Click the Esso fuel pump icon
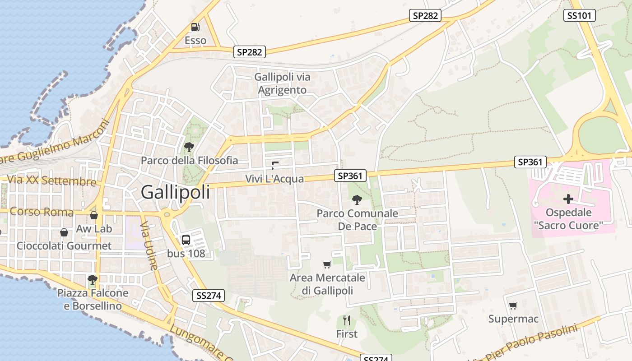pos(195,27)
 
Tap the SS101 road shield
pos(580,16)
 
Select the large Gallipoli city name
pos(176,192)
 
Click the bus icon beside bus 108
pos(186,240)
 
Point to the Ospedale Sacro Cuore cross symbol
pos(568,199)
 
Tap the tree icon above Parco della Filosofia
pos(189,147)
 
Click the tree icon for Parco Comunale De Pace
pos(357,199)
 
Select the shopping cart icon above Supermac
pos(513,306)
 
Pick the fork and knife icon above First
pos(347,320)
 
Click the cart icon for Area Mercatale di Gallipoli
pos(327,264)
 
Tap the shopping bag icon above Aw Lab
pos(94,215)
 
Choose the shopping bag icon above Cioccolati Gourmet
pos(64,232)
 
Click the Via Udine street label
pos(149,245)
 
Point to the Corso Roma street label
pos(42,212)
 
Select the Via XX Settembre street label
pos(51,180)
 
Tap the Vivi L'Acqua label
pos(274,179)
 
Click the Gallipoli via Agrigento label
pos(282,83)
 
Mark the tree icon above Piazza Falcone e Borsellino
pos(93,280)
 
